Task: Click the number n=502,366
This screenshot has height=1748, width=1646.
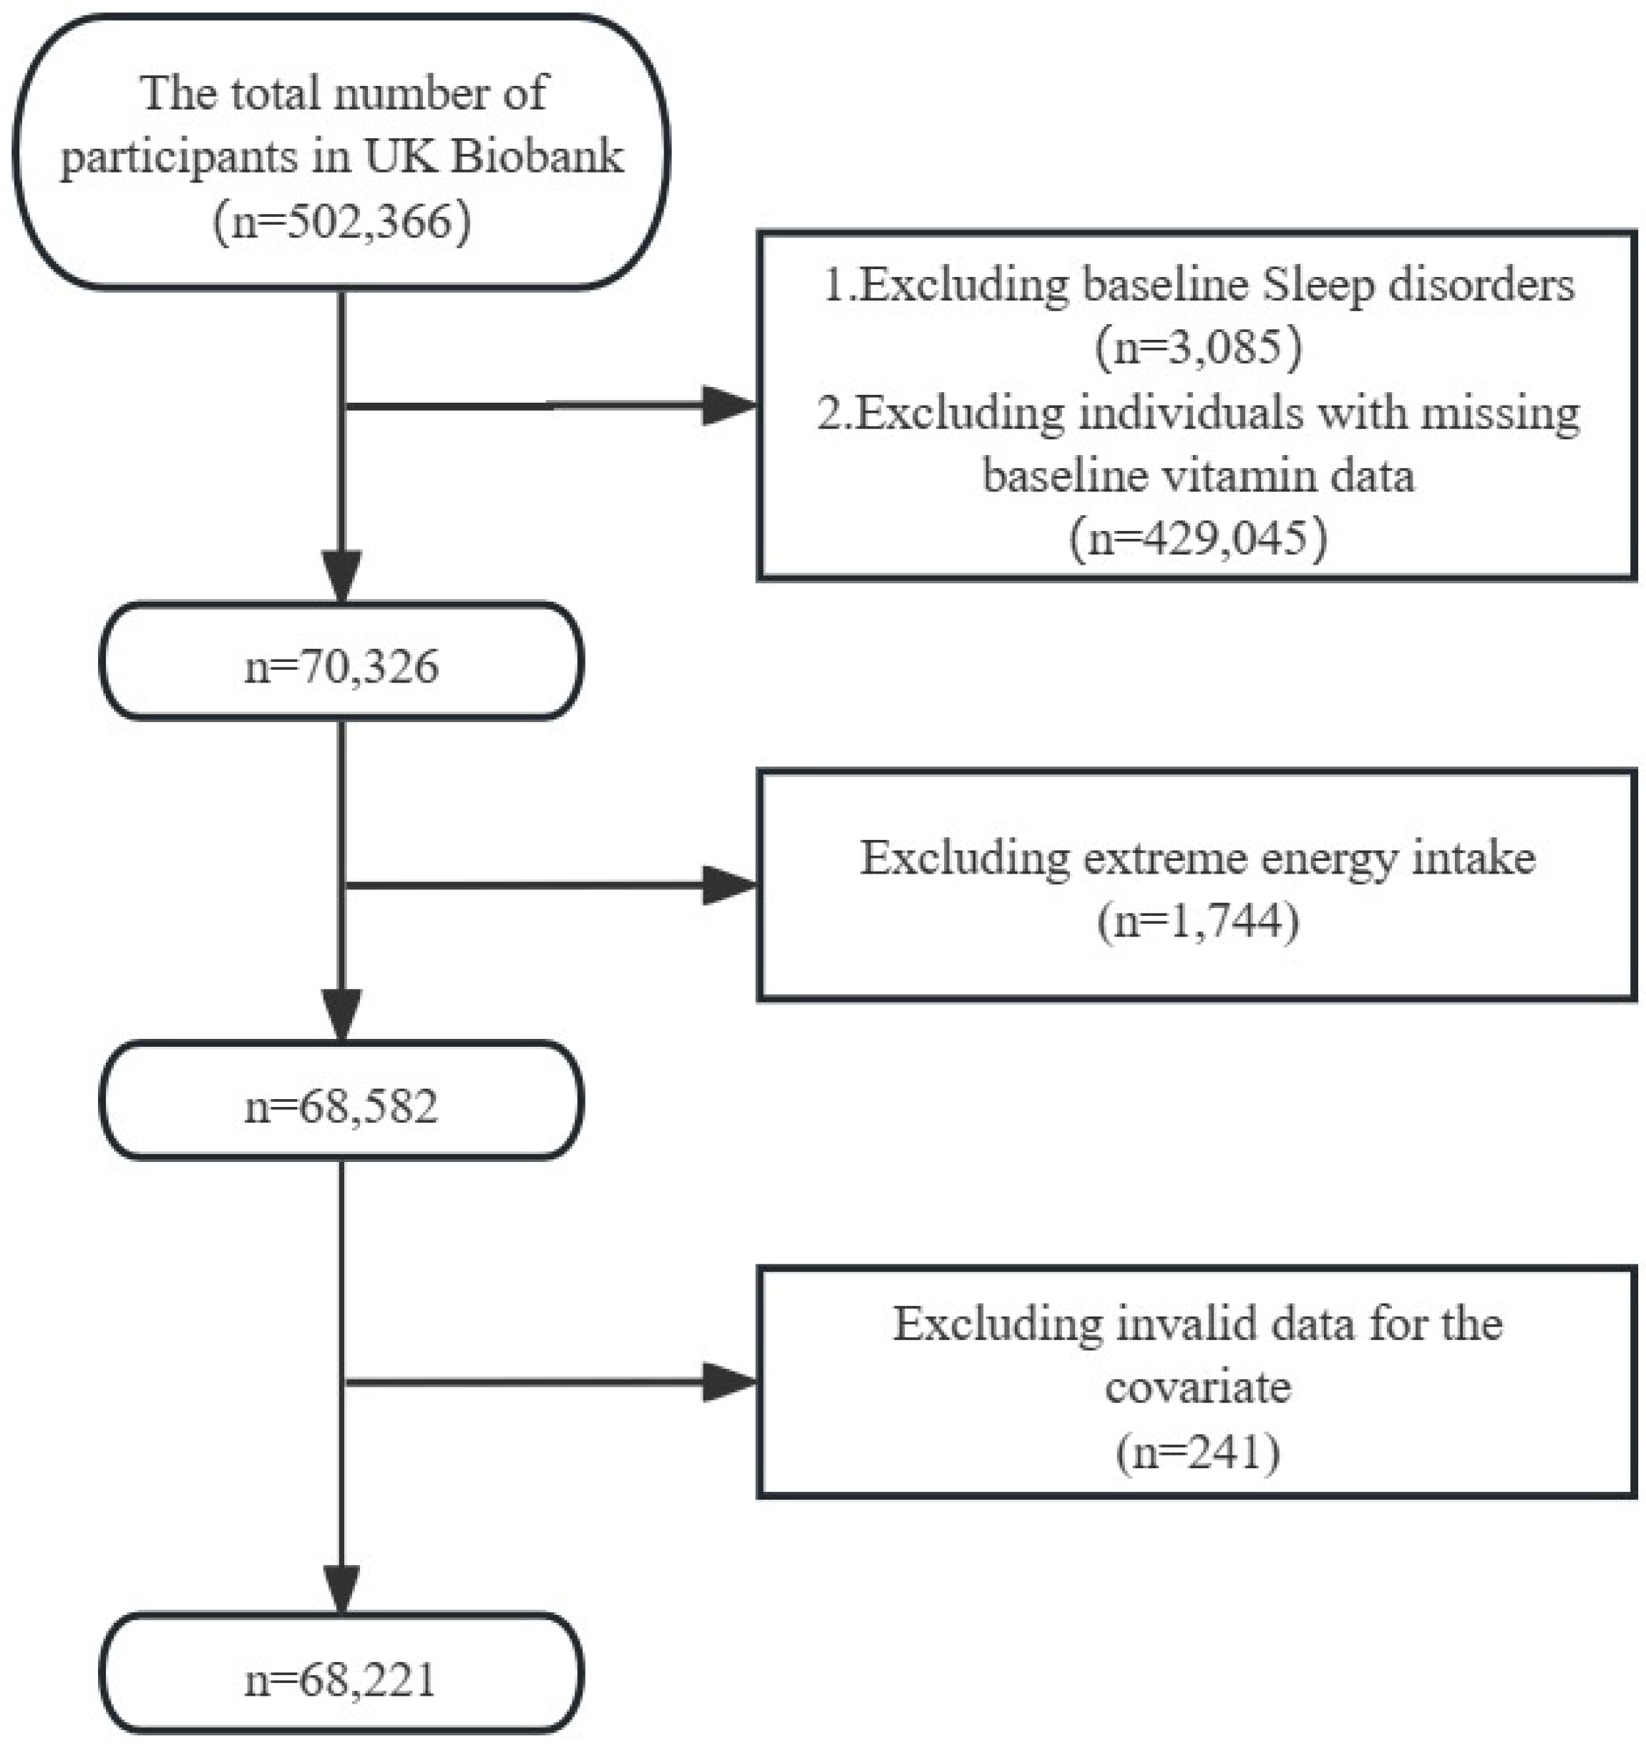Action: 342,222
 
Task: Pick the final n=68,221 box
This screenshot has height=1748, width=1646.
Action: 341,1679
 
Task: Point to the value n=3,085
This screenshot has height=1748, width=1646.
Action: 1197,347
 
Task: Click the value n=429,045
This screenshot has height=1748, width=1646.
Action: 1197,537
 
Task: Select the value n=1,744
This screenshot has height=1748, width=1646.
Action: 1197,922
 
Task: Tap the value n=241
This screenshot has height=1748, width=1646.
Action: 1197,1452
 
